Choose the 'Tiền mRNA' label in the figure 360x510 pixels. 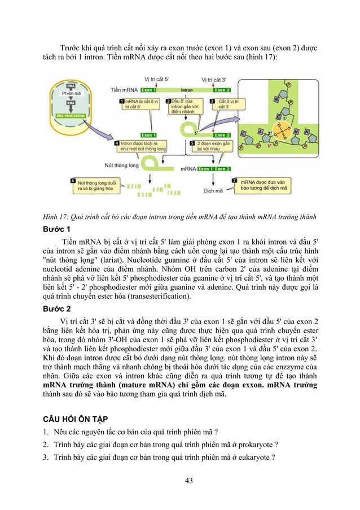click(123, 90)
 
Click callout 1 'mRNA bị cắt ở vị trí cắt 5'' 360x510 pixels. click(137, 103)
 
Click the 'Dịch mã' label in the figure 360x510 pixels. click(213, 190)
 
